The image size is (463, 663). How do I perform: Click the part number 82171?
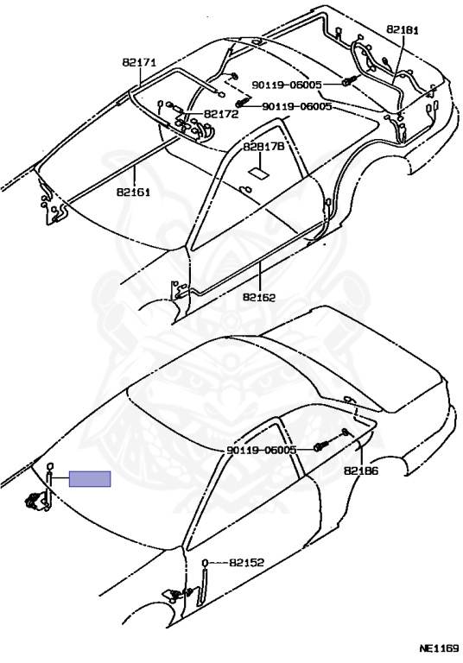pyautogui.click(x=139, y=62)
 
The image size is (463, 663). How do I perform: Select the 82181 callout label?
pyautogui.click(x=402, y=29)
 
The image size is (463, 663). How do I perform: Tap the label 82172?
pyautogui.click(x=221, y=114)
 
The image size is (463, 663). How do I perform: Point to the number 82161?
pyautogui.click(x=133, y=192)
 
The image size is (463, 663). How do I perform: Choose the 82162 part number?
pyautogui.click(x=259, y=297)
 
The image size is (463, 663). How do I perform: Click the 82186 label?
pyautogui.click(x=361, y=471)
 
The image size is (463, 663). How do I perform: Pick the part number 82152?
pyautogui.click(x=246, y=562)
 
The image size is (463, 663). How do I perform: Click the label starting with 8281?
pyautogui.click(x=260, y=147)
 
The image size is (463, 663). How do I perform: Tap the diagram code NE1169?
pyautogui.click(x=439, y=647)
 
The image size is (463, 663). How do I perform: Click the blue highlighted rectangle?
pyautogui.click(x=90, y=479)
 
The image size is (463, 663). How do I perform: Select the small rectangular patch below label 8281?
pyautogui.click(x=257, y=172)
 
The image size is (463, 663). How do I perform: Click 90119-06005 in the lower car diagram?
pyautogui.click(x=262, y=451)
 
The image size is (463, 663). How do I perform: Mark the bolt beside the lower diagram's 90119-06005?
pyautogui.click(x=320, y=446)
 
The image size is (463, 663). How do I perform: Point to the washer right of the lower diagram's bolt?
pyautogui.click(x=345, y=432)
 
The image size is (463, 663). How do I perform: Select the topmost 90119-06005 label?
pyautogui.click(x=287, y=85)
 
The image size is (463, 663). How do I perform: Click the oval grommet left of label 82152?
pyautogui.click(x=206, y=562)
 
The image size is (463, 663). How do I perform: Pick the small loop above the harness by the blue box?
pyautogui.click(x=49, y=466)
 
